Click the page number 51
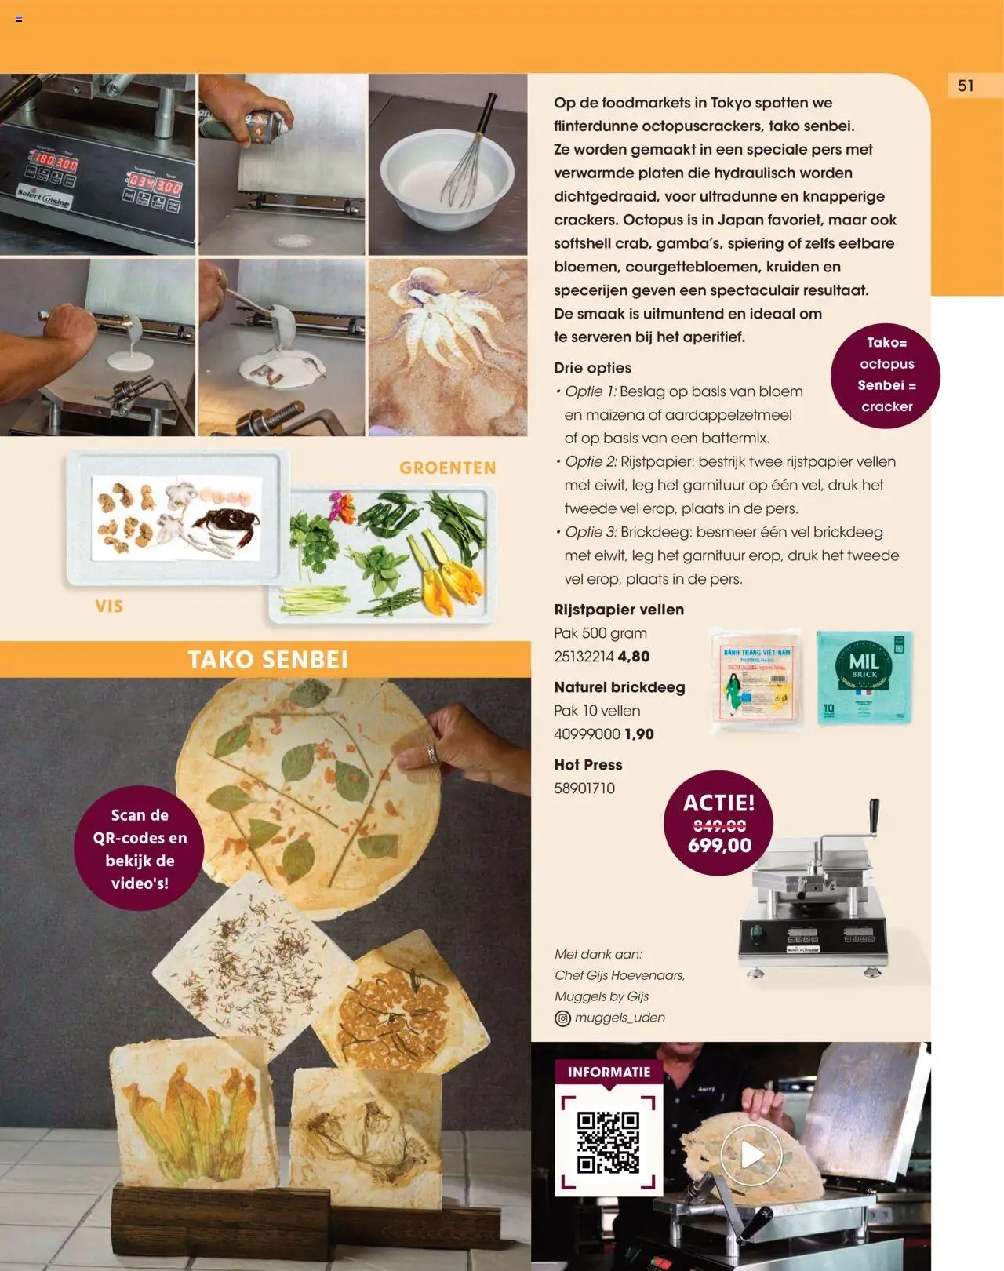click(966, 86)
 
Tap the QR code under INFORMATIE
click(608, 1142)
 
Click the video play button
click(751, 1154)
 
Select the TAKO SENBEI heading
click(267, 660)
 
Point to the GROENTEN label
click(447, 468)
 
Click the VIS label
click(109, 606)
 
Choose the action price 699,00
click(719, 846)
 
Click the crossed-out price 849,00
click(719, 825)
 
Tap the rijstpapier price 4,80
click(634, 657)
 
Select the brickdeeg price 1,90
click(638, 734)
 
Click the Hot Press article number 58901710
click(584, 788)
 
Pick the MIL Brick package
click(864, 676)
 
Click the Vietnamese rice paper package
click(757, 679)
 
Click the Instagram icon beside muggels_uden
click(562, 1018)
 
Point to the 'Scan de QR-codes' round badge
click(140, 849)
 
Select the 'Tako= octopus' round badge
click(886, 375)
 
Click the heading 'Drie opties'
click(592, 368)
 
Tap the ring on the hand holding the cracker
click(432, 754)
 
